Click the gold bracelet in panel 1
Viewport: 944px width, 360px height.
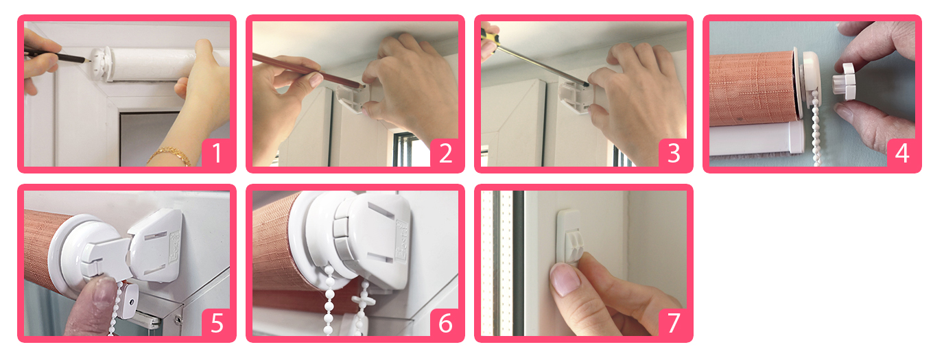coord(169,156)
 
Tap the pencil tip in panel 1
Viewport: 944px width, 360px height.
coord(89,60)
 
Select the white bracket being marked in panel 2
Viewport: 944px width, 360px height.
coord(353,97)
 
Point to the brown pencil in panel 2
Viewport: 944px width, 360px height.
coord(307,71)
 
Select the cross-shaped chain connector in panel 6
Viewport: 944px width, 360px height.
coord(362,300)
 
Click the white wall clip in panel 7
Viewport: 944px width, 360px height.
coord(569,237)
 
